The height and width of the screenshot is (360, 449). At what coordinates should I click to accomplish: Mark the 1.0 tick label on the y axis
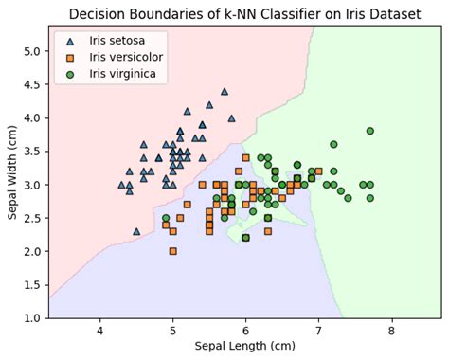30,318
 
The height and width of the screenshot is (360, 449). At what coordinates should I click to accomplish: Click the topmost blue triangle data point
224,92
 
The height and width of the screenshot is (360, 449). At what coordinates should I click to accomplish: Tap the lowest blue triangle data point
136,231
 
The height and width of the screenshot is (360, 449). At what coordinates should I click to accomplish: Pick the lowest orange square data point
172,251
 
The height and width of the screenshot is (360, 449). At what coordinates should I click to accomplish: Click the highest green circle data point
369,131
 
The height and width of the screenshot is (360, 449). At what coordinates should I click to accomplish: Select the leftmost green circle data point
166,218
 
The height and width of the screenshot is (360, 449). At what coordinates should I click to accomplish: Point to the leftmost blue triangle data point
121,185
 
